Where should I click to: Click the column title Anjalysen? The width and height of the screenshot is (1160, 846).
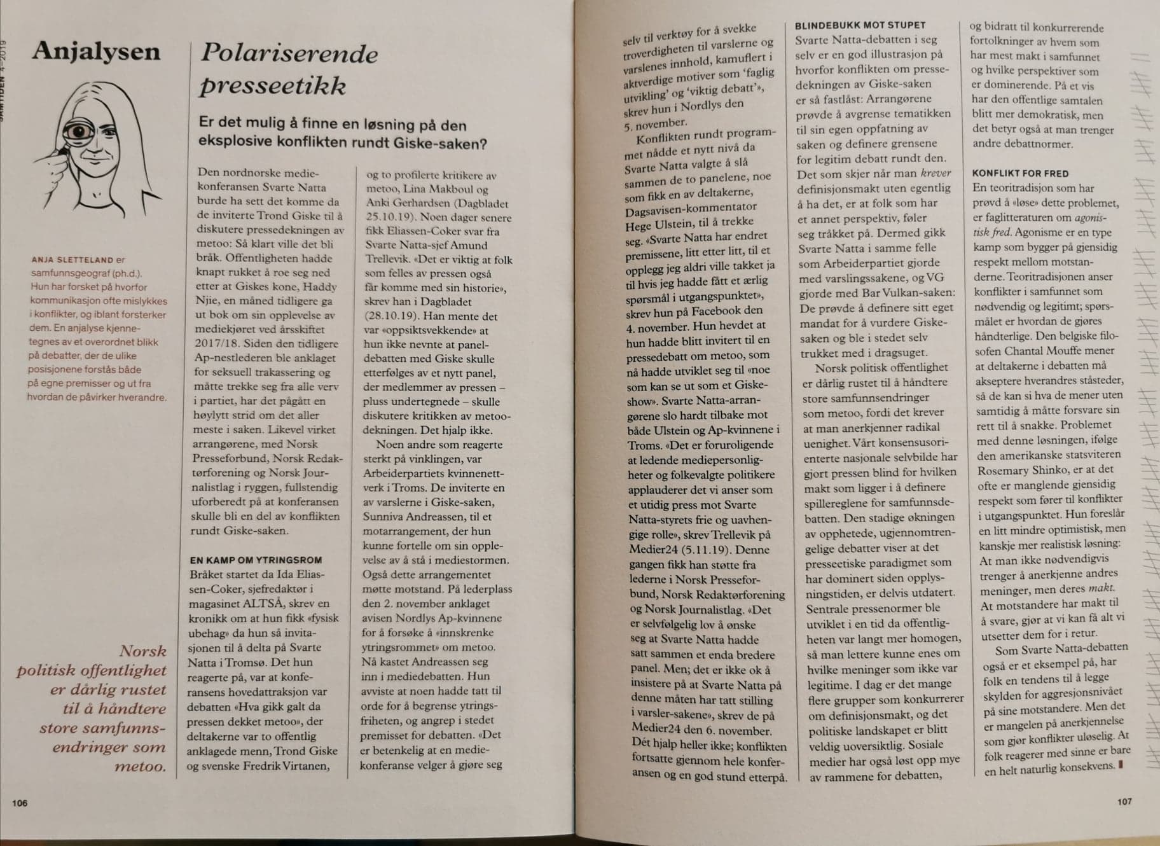(96, 51)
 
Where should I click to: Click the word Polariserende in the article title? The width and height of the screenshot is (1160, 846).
(289, 54)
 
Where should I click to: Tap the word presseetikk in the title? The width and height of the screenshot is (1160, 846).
(273, 86)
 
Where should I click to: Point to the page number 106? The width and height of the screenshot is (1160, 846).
(20, 803)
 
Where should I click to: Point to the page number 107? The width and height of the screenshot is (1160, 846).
(1124, 801)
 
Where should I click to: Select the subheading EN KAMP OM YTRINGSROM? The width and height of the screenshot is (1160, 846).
(256, 560)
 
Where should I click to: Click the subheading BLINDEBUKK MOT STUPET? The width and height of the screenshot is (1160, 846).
(860, 25)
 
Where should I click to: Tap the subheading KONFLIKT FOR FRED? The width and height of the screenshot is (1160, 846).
(1020, 173)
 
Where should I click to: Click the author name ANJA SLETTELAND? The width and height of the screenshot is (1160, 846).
(72, 260)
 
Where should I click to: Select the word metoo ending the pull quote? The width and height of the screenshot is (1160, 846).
(140, 766)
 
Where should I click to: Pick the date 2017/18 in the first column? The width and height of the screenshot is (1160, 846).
(214, 344)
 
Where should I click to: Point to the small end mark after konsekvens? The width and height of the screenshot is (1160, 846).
(1120, 765)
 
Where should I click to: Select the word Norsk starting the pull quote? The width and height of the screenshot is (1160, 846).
(142, 651)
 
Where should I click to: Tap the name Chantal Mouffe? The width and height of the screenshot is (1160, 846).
(1072, 350)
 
